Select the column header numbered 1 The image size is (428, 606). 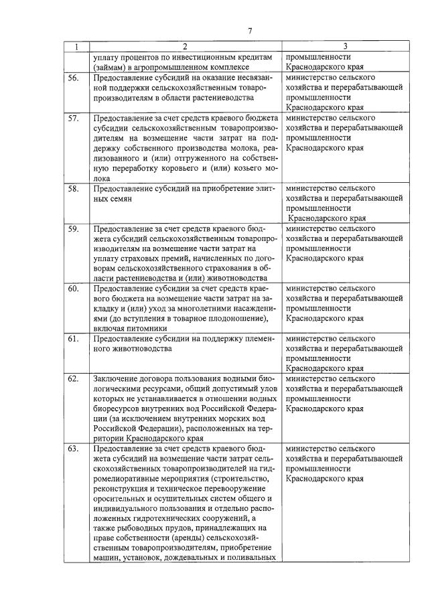coord(76,47)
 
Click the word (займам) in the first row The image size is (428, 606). coord(111,68)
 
